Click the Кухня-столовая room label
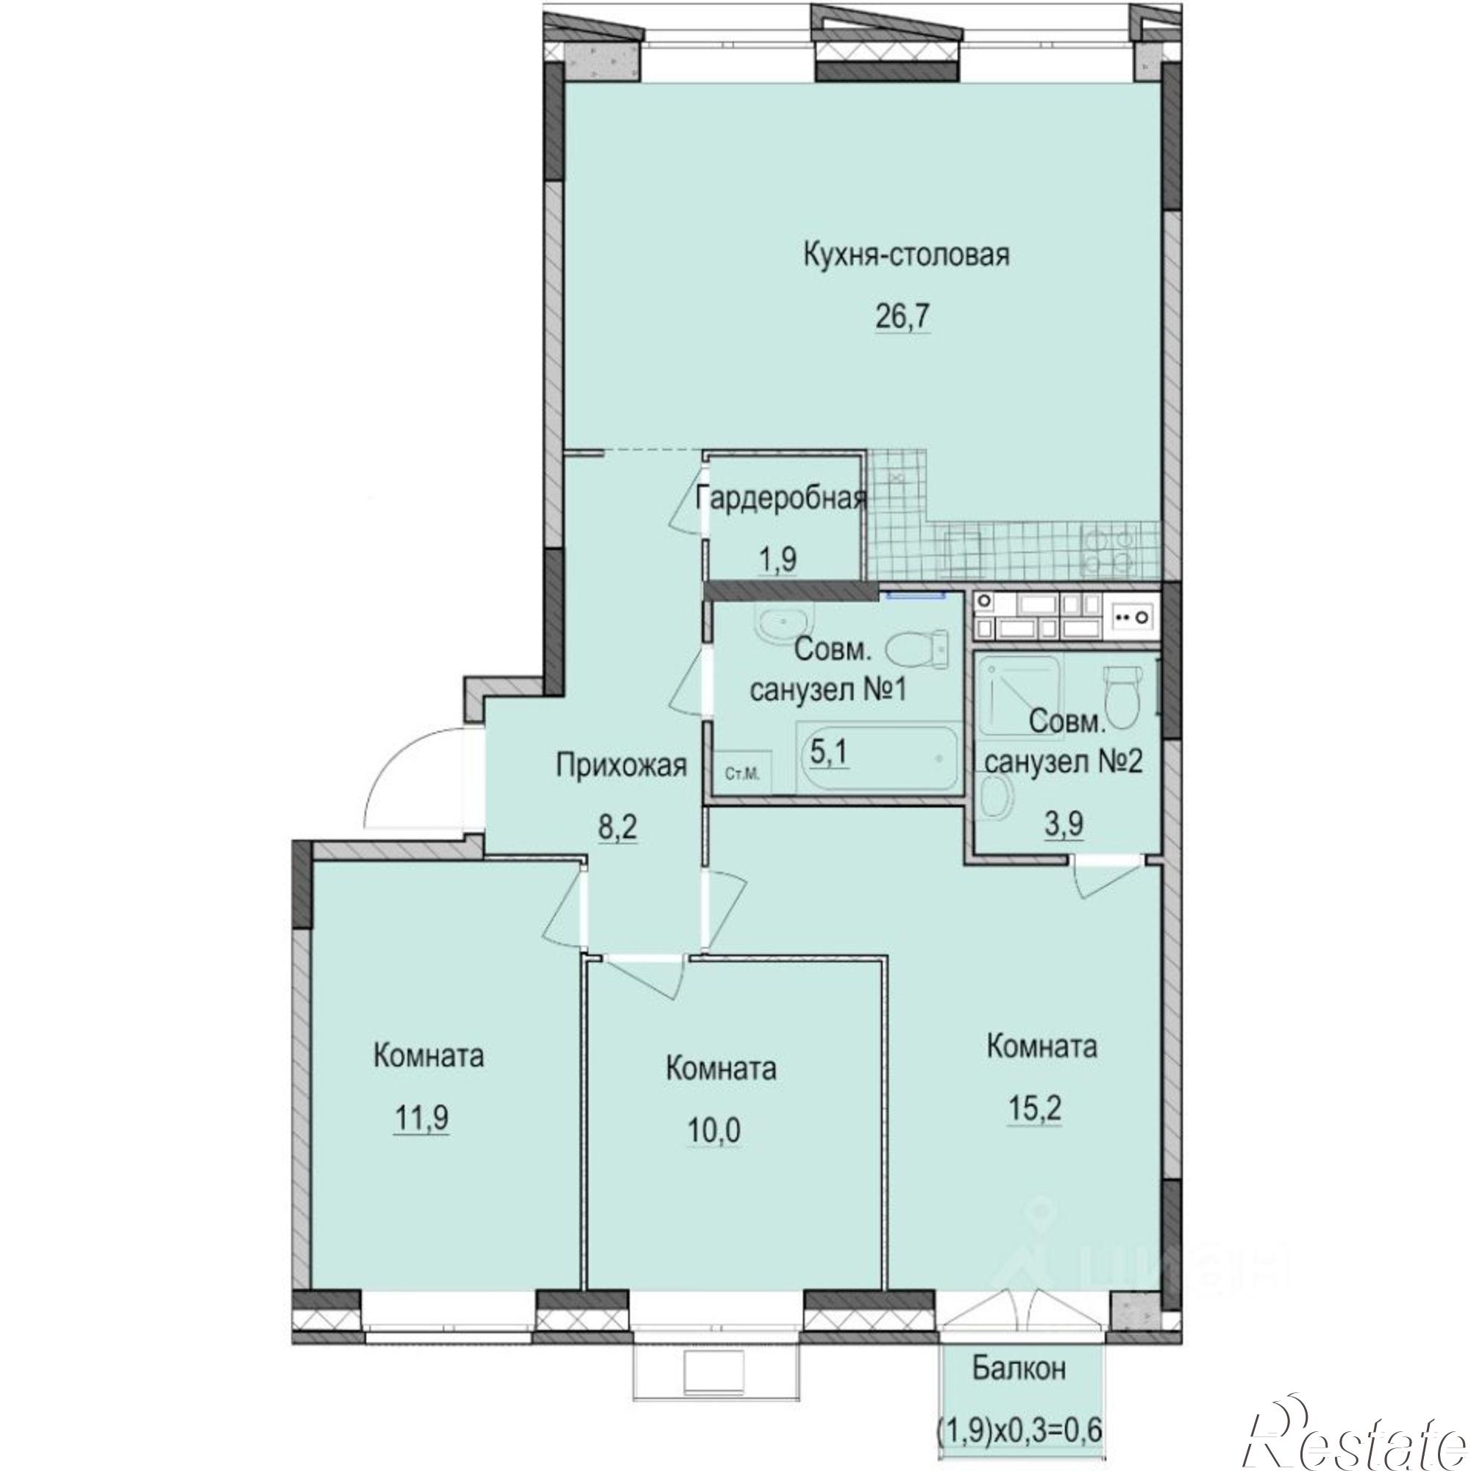(x=906, y=255)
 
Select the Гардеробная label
(x=782, y=498)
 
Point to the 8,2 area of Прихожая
(x=618, y=827)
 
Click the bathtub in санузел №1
(x=878, y=758)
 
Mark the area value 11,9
(x=421, y=1119)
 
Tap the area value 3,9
(x=1064, y=824)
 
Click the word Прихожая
(x=621, y=765)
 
